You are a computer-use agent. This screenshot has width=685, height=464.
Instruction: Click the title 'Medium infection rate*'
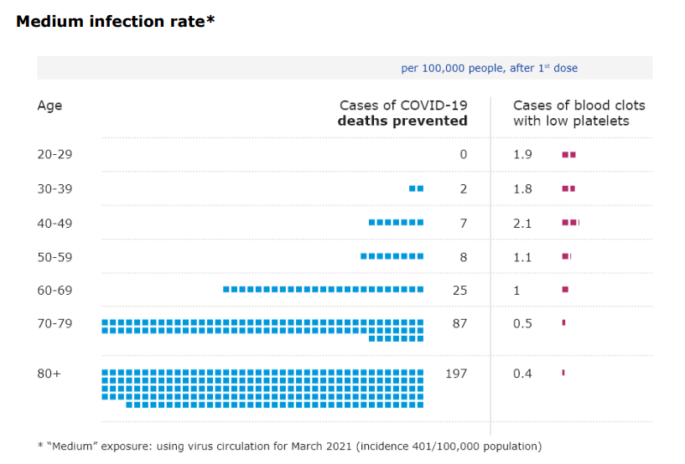tap(116, 22)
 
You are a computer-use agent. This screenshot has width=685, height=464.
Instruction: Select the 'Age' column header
tap(49, 106)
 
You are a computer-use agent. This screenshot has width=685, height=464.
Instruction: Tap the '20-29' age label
tap(54, 155)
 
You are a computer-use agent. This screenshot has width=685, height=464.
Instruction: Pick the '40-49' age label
tap(54, 223)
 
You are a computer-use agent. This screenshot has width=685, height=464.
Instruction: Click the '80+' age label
tap(49, 374)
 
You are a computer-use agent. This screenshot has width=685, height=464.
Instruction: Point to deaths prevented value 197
tap(455, 374)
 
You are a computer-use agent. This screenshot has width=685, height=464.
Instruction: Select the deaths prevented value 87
tap(459, 323)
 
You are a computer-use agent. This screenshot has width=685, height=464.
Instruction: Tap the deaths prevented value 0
tap(463, 155)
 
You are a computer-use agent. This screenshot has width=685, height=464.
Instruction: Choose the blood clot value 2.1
tap(522, 223)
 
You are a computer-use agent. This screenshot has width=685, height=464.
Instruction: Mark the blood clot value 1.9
tap(522, 155)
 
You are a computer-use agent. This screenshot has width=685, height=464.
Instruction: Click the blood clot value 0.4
tap(522, 374)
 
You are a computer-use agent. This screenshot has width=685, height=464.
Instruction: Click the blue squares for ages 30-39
tap(416, 188)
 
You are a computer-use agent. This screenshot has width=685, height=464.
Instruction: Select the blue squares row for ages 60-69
tap(323, 289)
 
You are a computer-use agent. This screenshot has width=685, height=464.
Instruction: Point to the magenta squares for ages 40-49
tap(570, 222)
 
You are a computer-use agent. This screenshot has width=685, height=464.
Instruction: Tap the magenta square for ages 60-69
tap(565, 289)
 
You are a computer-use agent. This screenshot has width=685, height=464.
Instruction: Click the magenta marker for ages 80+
tap(563, 373)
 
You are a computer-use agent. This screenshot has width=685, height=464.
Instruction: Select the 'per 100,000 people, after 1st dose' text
tap(489, 69)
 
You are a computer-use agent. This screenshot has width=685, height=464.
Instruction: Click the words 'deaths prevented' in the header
tap(402, 121)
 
